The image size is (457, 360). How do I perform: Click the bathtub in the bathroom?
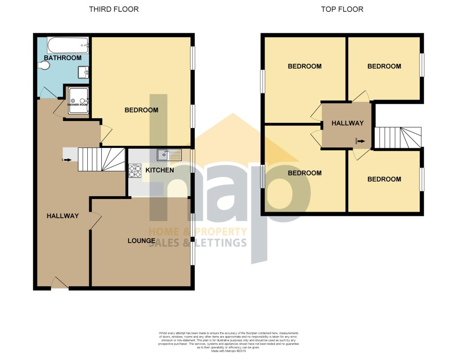pos(68,45)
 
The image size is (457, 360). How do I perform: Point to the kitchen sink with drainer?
pos(169,153)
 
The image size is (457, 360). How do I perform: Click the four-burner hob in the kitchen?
pos(135,170)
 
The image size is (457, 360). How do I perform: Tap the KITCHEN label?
pos(160,170)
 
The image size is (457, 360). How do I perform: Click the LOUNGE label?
pos(141,241)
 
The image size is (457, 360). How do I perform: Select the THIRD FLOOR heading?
pos(114,9)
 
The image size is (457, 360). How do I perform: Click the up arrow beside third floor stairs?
pos(66,160)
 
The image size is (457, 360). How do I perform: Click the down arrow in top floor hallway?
pos(359,140)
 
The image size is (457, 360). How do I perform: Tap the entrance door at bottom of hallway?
pos(59,283)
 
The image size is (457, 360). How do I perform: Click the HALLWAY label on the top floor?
pos(347,123)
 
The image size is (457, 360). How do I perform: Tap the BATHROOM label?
pos(62,58)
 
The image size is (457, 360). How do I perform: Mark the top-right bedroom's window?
pos(421,64)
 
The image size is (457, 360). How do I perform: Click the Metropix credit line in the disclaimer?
pos(228,350)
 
